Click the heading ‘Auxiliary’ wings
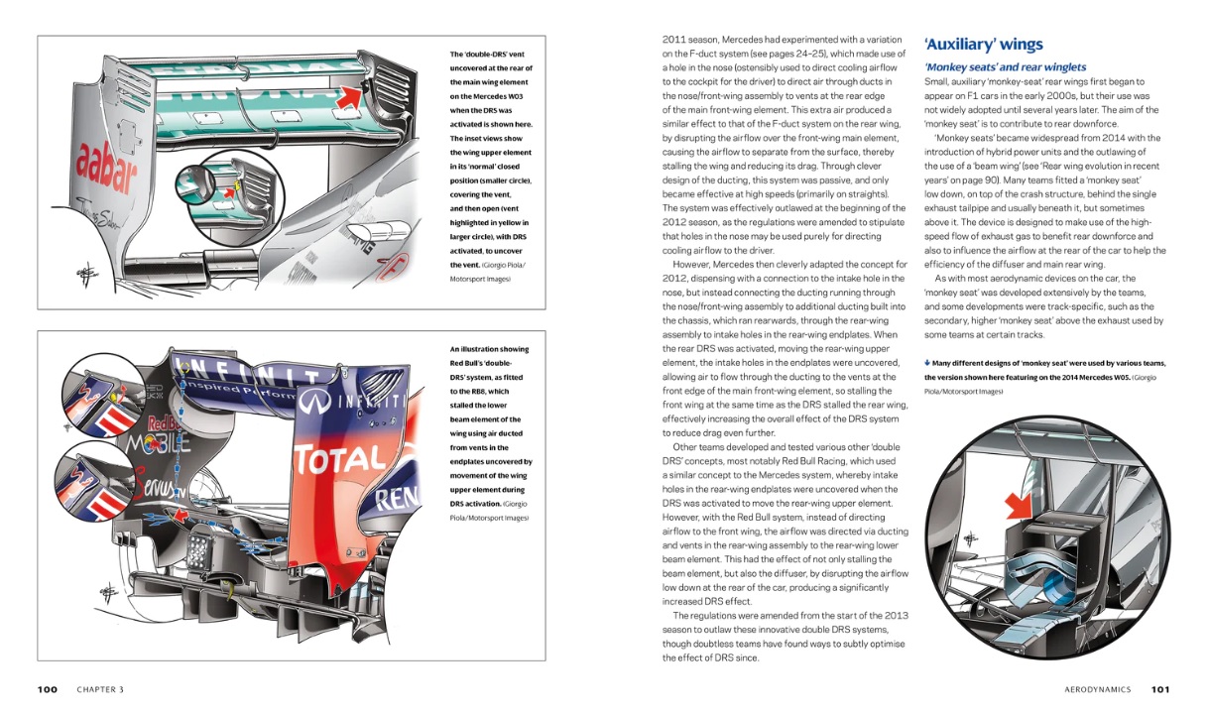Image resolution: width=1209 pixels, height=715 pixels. pos(983,44)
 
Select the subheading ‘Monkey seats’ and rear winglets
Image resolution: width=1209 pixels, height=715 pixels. pos(1005,67)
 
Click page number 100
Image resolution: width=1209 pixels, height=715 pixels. pos(47,689)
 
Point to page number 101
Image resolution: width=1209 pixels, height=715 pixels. pos(1161,689)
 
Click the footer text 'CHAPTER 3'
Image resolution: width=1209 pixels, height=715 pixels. pos(100,689)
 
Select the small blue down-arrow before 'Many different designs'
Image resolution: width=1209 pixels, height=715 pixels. pos(926,363)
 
